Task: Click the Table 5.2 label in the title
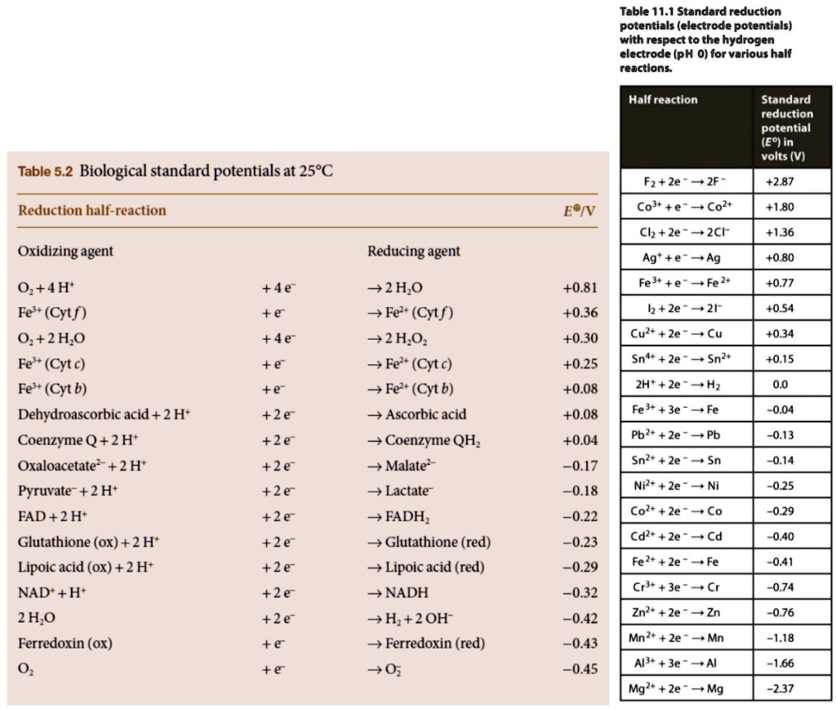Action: (x=46, y=172)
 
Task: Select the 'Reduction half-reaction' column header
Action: (x=91, y=211)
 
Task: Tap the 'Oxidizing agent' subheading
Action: (x=65, y=251)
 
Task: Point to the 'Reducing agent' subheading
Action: (x=414, y=251)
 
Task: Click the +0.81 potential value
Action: (x=580, y=288)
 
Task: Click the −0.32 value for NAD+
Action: (x=580, y=592)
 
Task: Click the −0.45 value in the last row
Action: (x=580, y=669)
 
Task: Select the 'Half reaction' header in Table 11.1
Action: (x=663, y=100)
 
